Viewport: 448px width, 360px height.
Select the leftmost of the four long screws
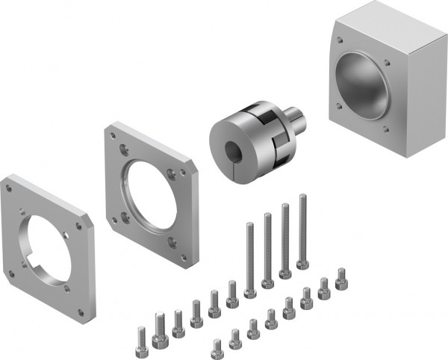pos(249,254)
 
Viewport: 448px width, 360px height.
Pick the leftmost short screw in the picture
pos(141,336)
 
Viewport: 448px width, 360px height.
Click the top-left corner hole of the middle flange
pos(113,136)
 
